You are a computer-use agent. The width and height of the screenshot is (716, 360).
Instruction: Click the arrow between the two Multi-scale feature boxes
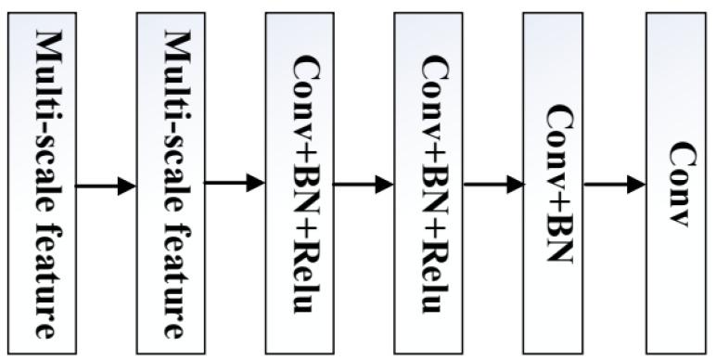click(104, 186)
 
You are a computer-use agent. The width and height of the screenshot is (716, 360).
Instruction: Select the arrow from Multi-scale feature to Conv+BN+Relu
click(234, 183)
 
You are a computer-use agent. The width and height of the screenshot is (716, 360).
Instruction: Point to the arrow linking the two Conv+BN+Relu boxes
click(363, 185)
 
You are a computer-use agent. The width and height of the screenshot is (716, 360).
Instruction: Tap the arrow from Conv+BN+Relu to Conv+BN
click(492, 185)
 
